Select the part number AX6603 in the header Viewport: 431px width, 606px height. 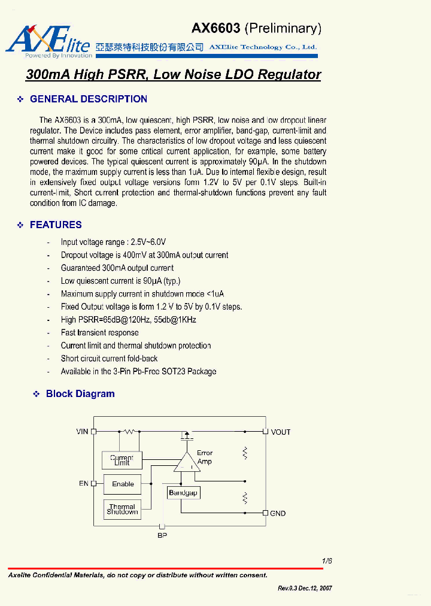[x=215, y=28]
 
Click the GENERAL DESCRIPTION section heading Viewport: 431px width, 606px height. [x=88, y=99]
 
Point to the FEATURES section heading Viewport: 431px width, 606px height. [x=56, y=225]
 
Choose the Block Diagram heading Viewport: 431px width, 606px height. [x=80, y=394]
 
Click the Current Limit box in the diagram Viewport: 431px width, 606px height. [x=122, y=460]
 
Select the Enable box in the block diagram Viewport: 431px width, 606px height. [x=123, y=484]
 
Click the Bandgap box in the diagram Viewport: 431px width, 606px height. [x=183, y=493]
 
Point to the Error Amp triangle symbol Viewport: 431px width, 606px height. [x=187, y=462]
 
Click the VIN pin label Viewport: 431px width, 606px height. [x=82, y=432]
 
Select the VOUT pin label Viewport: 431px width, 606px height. [x=281, y=432]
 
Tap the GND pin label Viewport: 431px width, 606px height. [x=278, y=514]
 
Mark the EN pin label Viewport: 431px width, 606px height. [x=83, y=483]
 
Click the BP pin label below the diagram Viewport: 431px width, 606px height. [x=162, y=535]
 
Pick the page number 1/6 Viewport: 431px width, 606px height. [x=327, y=561]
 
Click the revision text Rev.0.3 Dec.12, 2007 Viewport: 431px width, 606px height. [x=305, y=589]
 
